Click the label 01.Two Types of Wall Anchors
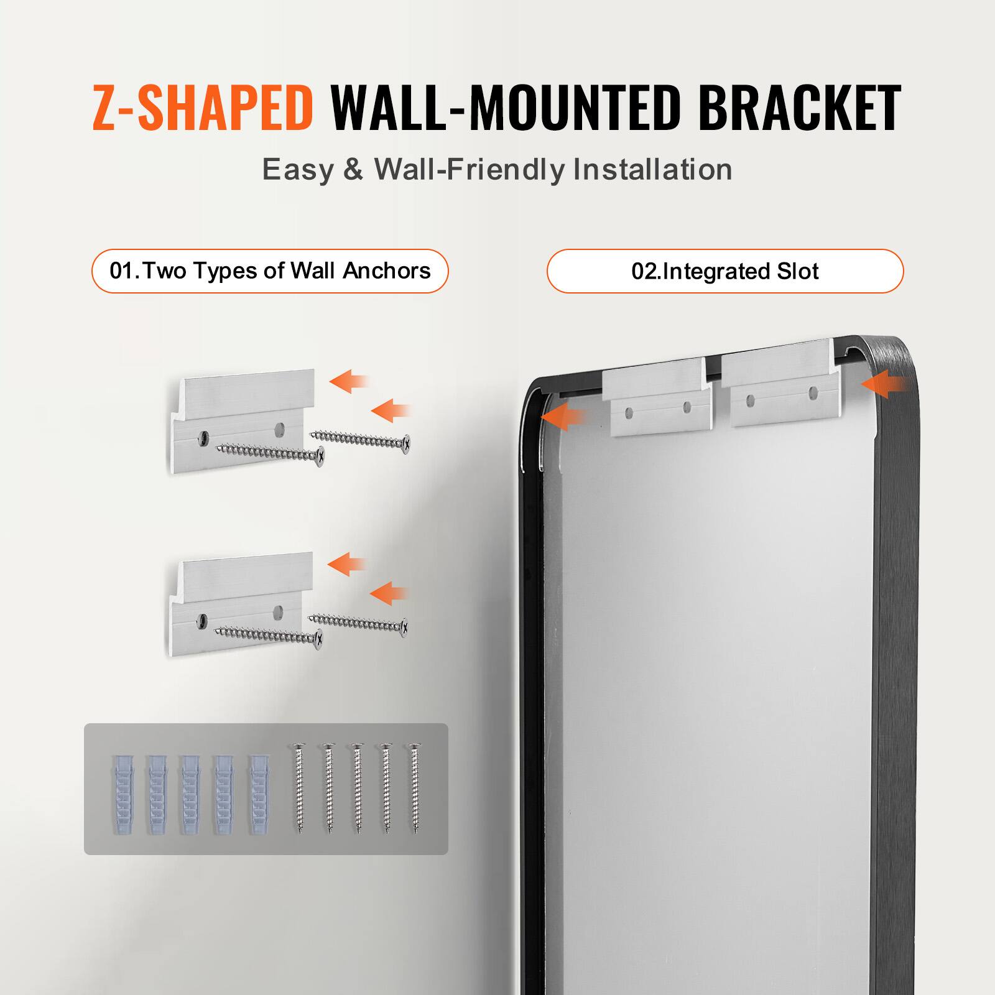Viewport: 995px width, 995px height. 270,271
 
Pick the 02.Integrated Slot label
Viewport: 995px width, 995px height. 724,271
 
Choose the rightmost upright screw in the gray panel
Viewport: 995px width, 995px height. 414,789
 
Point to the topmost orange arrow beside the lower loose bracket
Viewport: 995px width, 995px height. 346,564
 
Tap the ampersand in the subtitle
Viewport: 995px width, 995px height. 353,170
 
